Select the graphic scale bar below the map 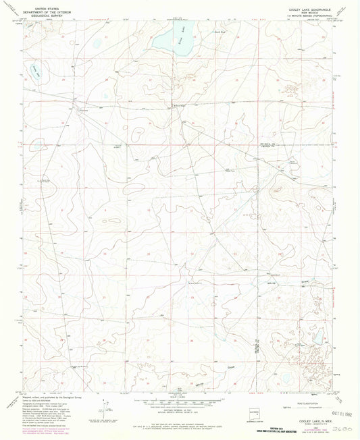click(180, 402)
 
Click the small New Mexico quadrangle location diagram click(253, 412)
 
